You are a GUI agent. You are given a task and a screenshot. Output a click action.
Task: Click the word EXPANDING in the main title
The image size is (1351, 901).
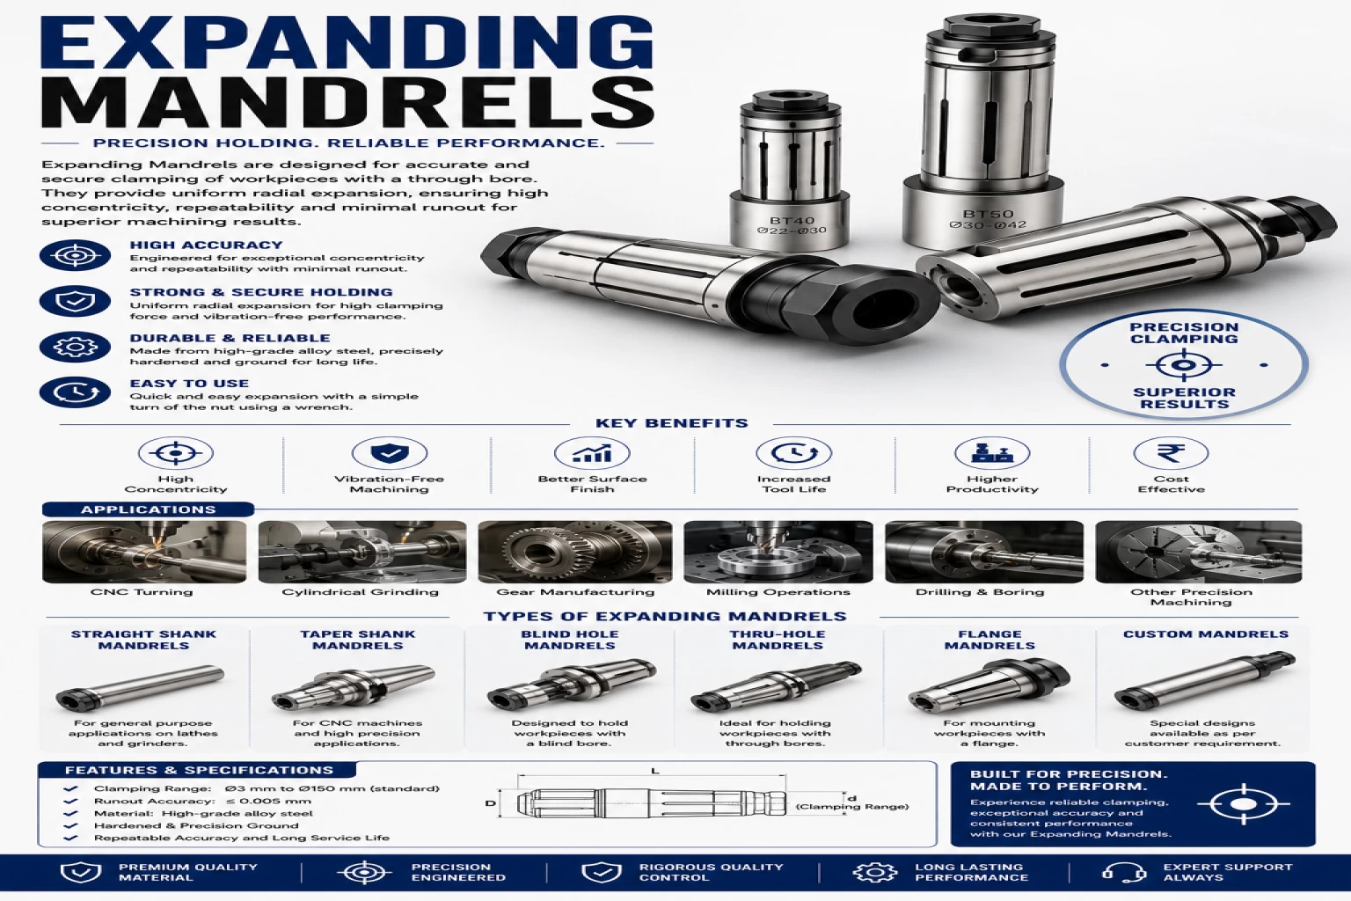click(347, 42)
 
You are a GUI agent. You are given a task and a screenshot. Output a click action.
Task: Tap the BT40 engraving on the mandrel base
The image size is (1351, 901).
click(792, 221)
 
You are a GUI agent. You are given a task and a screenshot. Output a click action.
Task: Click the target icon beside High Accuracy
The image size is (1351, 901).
click(75, 255)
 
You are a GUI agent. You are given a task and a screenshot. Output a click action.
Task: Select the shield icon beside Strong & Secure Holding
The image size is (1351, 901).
click(75, 301)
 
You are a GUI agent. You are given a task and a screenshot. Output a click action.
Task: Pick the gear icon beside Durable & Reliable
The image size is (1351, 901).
click(75, 347)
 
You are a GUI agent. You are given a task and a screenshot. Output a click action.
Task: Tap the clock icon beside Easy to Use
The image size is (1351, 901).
click(75, 392)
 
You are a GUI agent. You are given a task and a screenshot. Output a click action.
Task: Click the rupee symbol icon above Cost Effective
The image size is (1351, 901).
click(1171, 453)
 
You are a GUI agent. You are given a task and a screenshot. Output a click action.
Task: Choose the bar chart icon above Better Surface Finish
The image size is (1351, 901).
click(592, 453)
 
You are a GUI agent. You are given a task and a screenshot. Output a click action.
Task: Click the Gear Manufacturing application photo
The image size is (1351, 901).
click(574, 552)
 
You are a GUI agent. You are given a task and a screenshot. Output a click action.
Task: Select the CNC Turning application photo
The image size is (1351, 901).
click(144, 552)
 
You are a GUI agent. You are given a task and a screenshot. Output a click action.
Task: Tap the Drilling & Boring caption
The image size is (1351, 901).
click(980, 592)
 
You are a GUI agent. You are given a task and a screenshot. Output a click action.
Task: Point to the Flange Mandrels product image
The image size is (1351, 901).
click(990, 685)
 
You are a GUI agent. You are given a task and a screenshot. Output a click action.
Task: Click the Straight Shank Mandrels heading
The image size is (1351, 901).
click(143, 640)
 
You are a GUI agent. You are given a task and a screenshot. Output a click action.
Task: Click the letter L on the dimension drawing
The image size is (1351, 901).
click(655, 772)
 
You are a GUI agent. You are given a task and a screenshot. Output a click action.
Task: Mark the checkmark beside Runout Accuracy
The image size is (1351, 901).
click(70, 801)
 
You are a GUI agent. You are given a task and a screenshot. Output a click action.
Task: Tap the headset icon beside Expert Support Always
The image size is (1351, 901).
click(1123, 872)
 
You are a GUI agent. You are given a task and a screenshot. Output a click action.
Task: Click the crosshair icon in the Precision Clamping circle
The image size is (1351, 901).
click(1183, 365)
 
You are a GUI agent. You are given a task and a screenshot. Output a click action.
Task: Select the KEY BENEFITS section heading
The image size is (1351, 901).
click(671, 423)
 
